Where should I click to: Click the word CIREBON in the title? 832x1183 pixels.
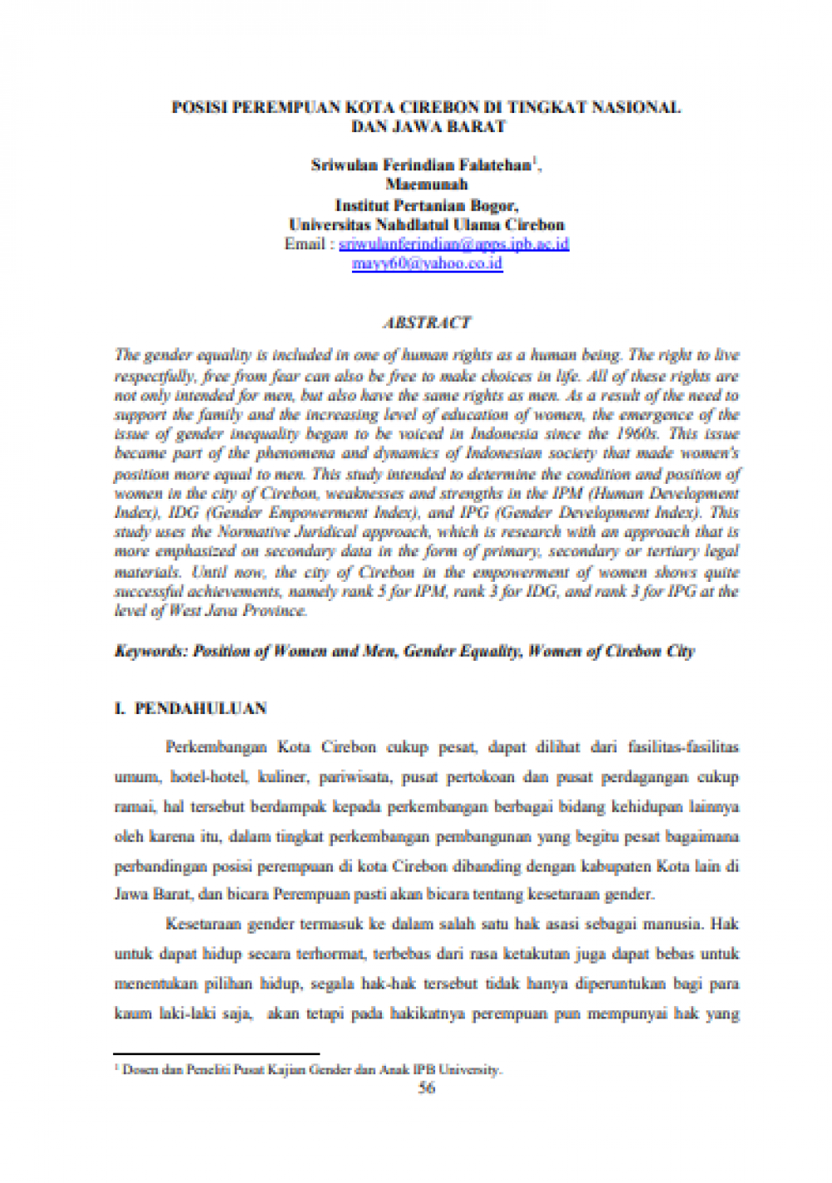coord(438,107)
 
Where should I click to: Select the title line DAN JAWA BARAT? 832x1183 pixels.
coord(428,127)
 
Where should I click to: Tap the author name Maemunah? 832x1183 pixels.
coord(426,185)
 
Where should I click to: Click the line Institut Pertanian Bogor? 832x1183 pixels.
coord(426,205)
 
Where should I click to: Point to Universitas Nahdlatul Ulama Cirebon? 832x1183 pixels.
coord(426,225)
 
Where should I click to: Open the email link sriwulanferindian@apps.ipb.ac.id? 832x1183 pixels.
coord(454,244)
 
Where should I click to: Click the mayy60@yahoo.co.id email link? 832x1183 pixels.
coord(427,264)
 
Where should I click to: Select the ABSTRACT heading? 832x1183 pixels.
coord(426,323)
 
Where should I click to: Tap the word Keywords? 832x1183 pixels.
coord(151,652)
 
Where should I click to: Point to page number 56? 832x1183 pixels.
coord(426,1087)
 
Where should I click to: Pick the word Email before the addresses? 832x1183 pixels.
coord(305,244)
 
